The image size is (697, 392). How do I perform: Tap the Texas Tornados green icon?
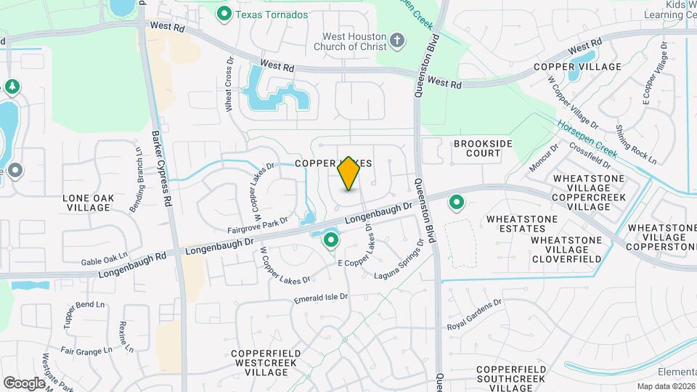[x=224, y=13]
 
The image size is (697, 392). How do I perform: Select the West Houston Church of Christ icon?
[x=397, y=40]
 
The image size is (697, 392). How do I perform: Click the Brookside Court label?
[x=477, y=148]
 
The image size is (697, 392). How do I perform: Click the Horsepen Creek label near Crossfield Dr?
[x=587, y=139]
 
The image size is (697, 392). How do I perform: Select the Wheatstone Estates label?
[x=522, y=224]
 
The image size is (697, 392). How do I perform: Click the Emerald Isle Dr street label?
[x=321, y=298]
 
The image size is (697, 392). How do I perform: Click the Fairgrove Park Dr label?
[x=258, y=226]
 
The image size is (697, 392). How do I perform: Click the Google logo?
[x=24, y=383]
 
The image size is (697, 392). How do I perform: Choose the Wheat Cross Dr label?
[x=229, y=92]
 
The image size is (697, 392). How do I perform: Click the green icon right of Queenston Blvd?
[x=457, y=203]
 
